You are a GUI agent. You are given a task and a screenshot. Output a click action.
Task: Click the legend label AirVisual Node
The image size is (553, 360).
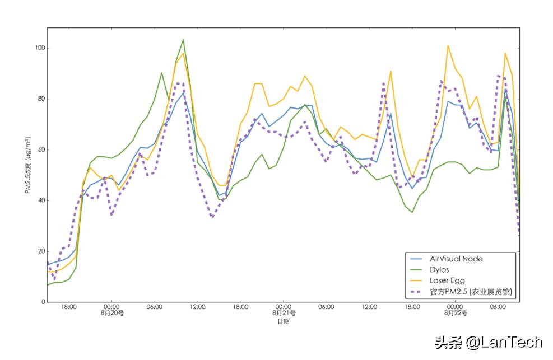tap(456, 259)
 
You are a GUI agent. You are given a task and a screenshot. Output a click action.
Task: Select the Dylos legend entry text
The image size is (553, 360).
tap(439, 269)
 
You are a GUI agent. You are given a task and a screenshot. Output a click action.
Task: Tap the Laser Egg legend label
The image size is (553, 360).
tap(447, 280)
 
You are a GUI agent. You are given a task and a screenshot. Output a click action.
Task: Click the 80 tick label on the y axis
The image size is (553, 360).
tap(40, 99)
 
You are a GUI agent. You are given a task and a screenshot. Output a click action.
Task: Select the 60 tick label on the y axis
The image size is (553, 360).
tap(40, 149)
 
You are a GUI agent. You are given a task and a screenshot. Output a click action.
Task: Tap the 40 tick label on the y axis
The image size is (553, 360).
tap(40, 200)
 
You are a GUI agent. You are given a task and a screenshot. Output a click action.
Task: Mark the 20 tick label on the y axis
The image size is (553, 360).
tap(40, 251)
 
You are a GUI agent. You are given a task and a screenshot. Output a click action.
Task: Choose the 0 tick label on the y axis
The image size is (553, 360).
tap(42, 302)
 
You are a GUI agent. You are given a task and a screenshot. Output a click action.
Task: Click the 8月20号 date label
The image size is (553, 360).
tap(112, 314)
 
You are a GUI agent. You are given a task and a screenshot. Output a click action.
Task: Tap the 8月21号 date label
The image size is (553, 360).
tap(284, 314)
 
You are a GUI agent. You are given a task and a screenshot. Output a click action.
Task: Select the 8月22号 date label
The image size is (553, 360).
tap(456, 314)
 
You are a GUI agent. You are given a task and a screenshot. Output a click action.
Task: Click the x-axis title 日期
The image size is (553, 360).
tap(284, 321)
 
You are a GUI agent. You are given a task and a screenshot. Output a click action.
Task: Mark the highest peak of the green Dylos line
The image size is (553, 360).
tap(183, 40)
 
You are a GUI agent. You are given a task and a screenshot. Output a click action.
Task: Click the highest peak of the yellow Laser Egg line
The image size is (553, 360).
tap(448, 45)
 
